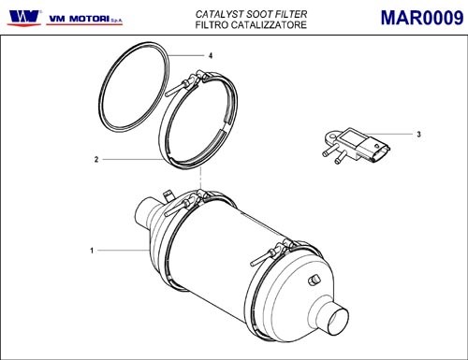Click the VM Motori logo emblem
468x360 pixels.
pyautogui.click(x=25, y=17)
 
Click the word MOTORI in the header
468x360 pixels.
pyautogui.click(x=89, y=19)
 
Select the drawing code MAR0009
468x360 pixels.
pyautogui.click(x=422, y=18)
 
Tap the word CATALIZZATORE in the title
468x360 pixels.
pyautogui.click(x=269, y=24)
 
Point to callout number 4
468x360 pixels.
pyautogui.click(x=211, y=56)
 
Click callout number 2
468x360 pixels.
pyautogui.click(x=96, y=160)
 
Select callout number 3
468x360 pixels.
pyautogui.click(x=418, y=135)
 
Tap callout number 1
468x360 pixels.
pyautogui.click(x=92, y=251)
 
